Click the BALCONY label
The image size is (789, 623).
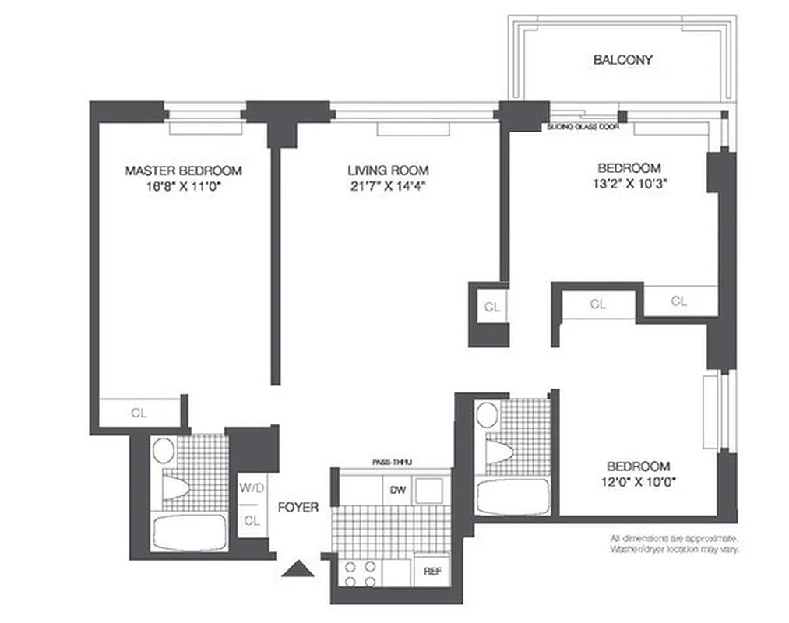tap(622, 59)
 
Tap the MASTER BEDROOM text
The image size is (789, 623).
tap(184, 171)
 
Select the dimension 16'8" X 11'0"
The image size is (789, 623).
tap(184, 186)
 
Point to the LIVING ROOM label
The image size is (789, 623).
tap(388, 170)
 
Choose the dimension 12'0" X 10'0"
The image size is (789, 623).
tap(638, 481)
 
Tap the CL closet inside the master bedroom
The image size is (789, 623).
tap(139, 413)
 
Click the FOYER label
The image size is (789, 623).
tap(298, 507)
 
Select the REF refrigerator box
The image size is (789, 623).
tap(432, 571)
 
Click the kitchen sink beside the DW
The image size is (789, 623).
tap(429, 491)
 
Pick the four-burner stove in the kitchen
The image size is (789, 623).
tap(361, 574)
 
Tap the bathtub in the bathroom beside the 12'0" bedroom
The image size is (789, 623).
tap(509, 496)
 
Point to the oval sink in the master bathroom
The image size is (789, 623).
tap(163, 450)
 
